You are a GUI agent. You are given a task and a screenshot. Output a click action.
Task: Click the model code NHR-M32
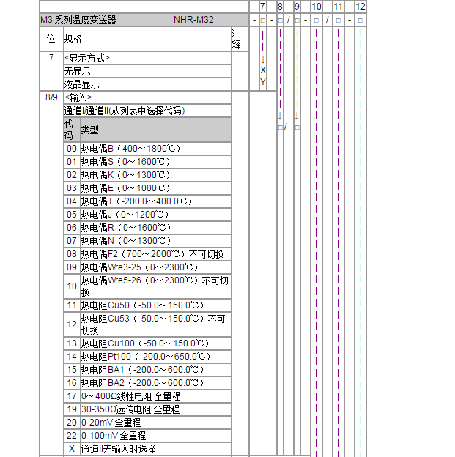[x=194, y=20]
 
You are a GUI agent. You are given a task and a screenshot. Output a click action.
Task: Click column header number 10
[x=316, y=6]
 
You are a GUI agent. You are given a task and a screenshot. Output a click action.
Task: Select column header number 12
[x=360, y=6]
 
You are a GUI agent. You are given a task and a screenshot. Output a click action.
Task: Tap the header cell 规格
[x=73, y=38]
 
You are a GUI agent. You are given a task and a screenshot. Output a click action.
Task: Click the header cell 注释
[x=236, y=38]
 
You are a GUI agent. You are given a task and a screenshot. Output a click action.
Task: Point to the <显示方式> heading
[x=87, y=58]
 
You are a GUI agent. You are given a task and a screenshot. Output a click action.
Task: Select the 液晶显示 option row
[x=81, y=84]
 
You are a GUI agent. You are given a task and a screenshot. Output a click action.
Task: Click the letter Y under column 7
[x=262, y=82]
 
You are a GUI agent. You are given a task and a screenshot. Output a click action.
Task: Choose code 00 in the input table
[x=71, y=148]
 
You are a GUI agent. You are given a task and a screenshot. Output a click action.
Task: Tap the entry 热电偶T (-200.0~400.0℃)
[x=135, y=201]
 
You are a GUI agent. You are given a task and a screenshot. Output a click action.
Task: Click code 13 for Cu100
[x=71, y=343]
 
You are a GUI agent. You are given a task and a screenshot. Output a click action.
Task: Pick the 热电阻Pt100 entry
[x=140, y=356]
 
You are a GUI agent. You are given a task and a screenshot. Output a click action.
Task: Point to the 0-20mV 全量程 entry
[x=111, y=422]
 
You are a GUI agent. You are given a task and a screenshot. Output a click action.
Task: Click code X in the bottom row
[x=71, y=448]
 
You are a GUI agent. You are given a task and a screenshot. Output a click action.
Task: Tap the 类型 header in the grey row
[x=89, y=130]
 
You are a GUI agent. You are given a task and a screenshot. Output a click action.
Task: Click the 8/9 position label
[x=51, y=97]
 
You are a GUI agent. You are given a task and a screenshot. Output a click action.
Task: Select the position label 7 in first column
[x=51, y=58]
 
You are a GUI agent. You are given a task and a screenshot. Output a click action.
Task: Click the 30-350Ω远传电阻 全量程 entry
[x=130, y=409]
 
